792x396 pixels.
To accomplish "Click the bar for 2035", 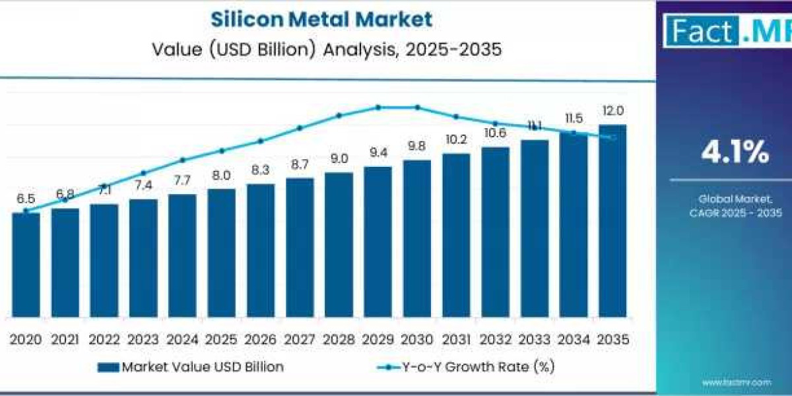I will tap(612, 220).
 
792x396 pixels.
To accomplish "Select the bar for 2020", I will tap(26, 264).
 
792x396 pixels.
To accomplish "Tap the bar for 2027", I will tap(300, 247).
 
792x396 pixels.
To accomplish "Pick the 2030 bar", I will tap(416, 238).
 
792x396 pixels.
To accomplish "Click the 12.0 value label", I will tap(612, 110).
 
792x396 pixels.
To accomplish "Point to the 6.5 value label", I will tap(26, 199).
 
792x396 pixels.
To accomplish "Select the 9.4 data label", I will tap(378, 152).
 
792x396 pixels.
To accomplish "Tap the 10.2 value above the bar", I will tap(455, 140).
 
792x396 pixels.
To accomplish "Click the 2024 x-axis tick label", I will tap(182, 339).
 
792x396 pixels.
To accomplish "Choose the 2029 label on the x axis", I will tap(378, 339).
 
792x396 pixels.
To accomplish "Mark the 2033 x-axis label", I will tap(534, 339).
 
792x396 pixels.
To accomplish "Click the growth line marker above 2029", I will tap(378, 107).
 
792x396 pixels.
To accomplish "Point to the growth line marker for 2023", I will tap(143, 173).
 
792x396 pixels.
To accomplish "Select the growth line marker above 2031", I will tap(455, 117).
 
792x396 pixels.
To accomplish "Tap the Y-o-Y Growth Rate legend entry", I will tap(466, 368).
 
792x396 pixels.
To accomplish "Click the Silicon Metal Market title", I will tap(321, 19).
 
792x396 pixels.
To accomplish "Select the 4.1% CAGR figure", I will tap(735, 154).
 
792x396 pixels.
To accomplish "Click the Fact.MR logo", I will tap(726, 32).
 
